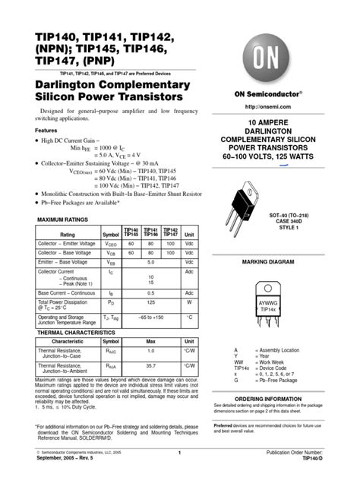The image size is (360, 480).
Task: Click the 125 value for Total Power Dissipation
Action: [x=150, y=302]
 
